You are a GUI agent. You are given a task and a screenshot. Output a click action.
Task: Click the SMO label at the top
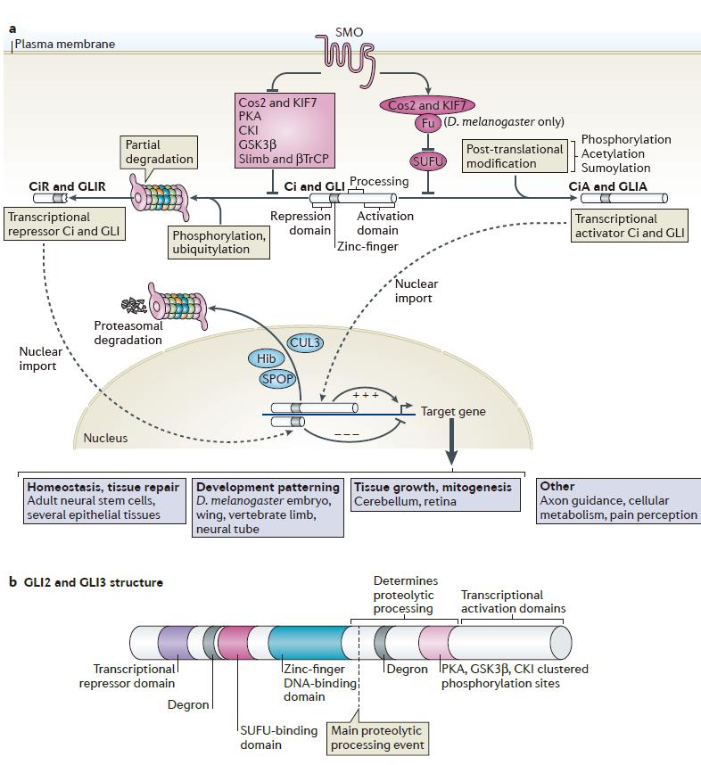click(x=349, y=32)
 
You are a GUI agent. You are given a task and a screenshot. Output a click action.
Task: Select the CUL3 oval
click(x=306, y=342)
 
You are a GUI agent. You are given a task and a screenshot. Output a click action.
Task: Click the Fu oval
click(x=426, y=121)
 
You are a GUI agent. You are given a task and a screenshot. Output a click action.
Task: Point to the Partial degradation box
click(x=158, y=151)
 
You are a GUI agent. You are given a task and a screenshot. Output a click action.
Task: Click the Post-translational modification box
click(x=515, y=156)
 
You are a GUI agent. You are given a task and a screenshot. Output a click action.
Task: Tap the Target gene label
click(x=453, y=412)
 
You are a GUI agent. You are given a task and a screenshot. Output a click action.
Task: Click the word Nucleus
click(x=105, y=438)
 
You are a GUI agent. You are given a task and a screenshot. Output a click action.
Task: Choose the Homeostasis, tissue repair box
click(x=105, y=500)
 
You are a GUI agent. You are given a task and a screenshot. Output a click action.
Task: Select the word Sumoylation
click(x=615, y=168)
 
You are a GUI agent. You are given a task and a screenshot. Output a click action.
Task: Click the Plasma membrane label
click(x=64, y=44)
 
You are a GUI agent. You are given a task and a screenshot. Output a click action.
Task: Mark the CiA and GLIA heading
click(x=607, y=187)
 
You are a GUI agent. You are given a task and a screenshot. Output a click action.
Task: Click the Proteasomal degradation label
click(x=128, y=333)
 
